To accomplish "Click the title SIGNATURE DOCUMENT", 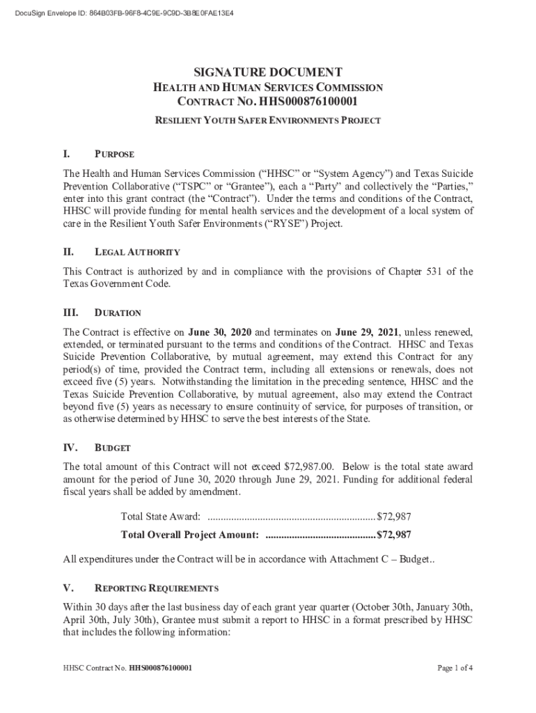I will (x=267, y=72).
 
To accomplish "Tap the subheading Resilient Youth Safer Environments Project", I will (x=267, y=120).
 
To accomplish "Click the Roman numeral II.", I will (x=69, y=252).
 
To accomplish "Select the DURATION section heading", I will (x=118, y=313).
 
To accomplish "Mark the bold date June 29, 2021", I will (x=367, y=331).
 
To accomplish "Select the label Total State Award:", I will (x=161, y=516).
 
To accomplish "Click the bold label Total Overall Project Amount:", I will (x=190, y=535).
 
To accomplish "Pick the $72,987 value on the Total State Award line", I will (x=393, y=516).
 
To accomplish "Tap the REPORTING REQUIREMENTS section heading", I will (x=156, y=588).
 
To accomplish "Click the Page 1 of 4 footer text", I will (x=455, y=668).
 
